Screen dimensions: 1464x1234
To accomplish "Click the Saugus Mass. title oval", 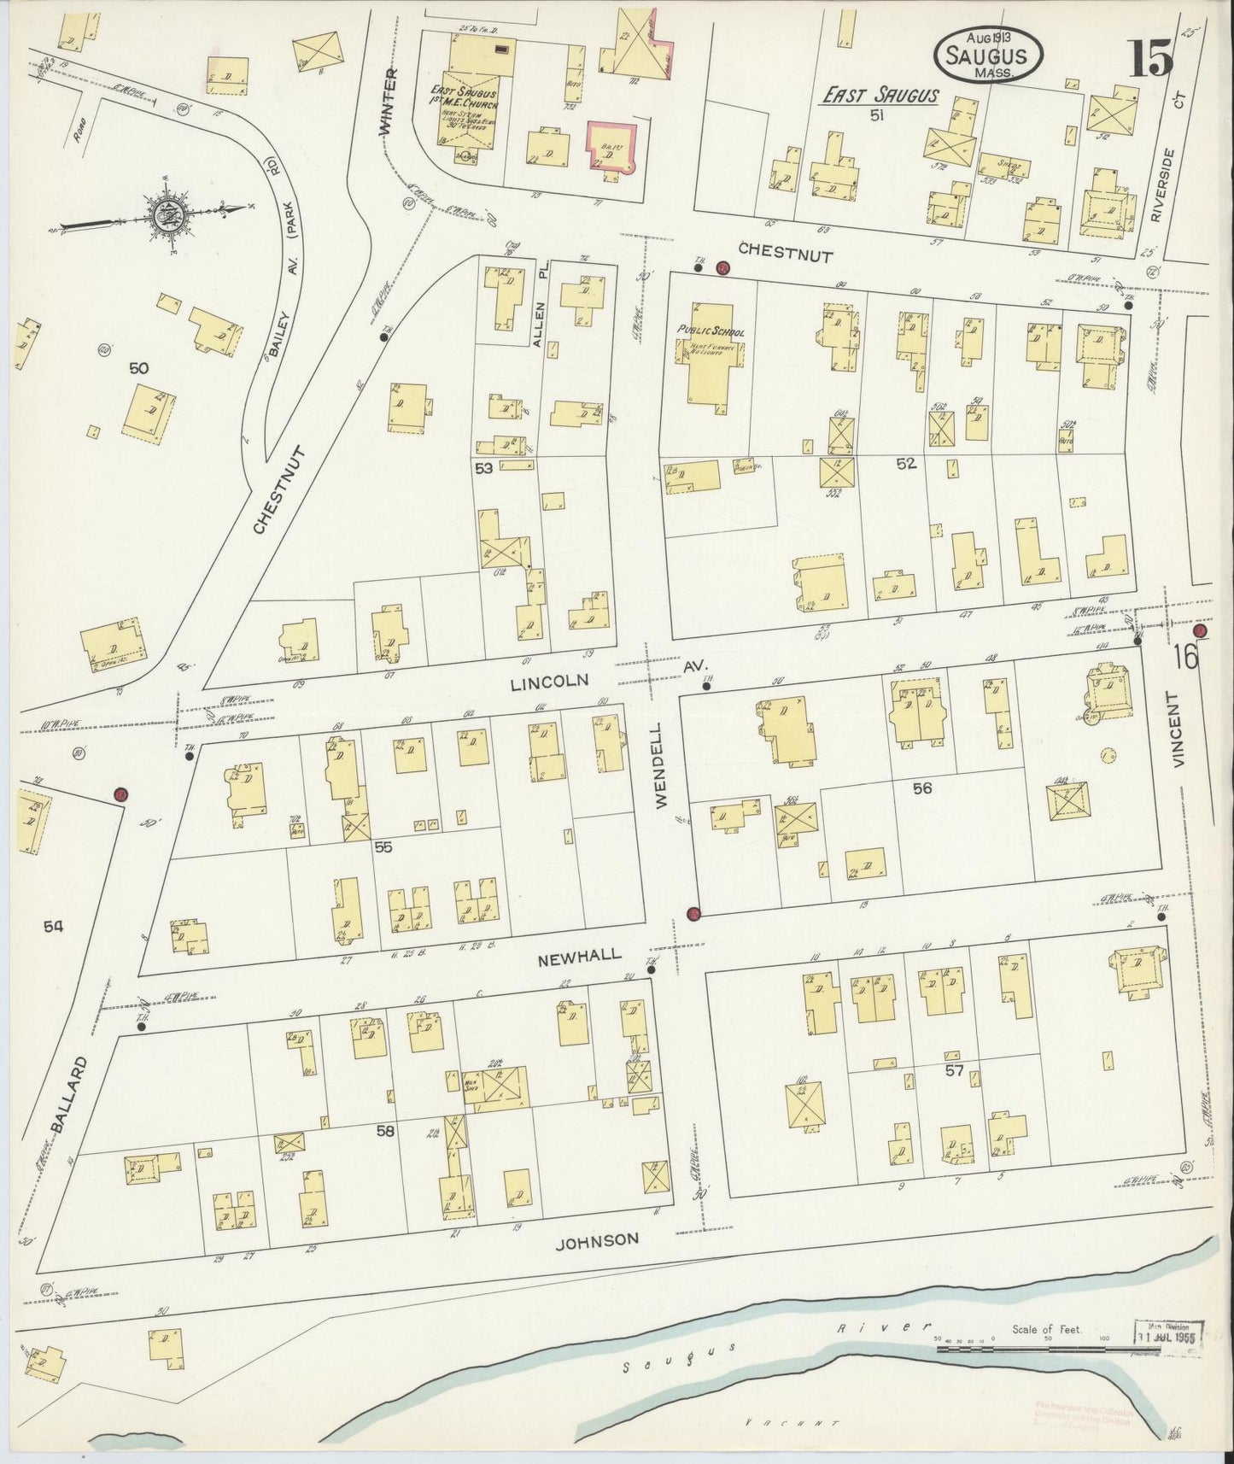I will tap(990, 56).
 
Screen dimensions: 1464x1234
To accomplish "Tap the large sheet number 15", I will tap(1153, 60).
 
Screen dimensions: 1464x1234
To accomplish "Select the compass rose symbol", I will tap(165, 214).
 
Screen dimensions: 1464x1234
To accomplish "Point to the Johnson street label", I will tap(596, 1239).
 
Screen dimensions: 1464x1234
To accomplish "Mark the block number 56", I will tap(921, 788).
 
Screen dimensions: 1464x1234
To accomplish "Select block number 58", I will tap(386, 1131).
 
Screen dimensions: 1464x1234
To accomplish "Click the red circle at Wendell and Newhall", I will tap(693, 914).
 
